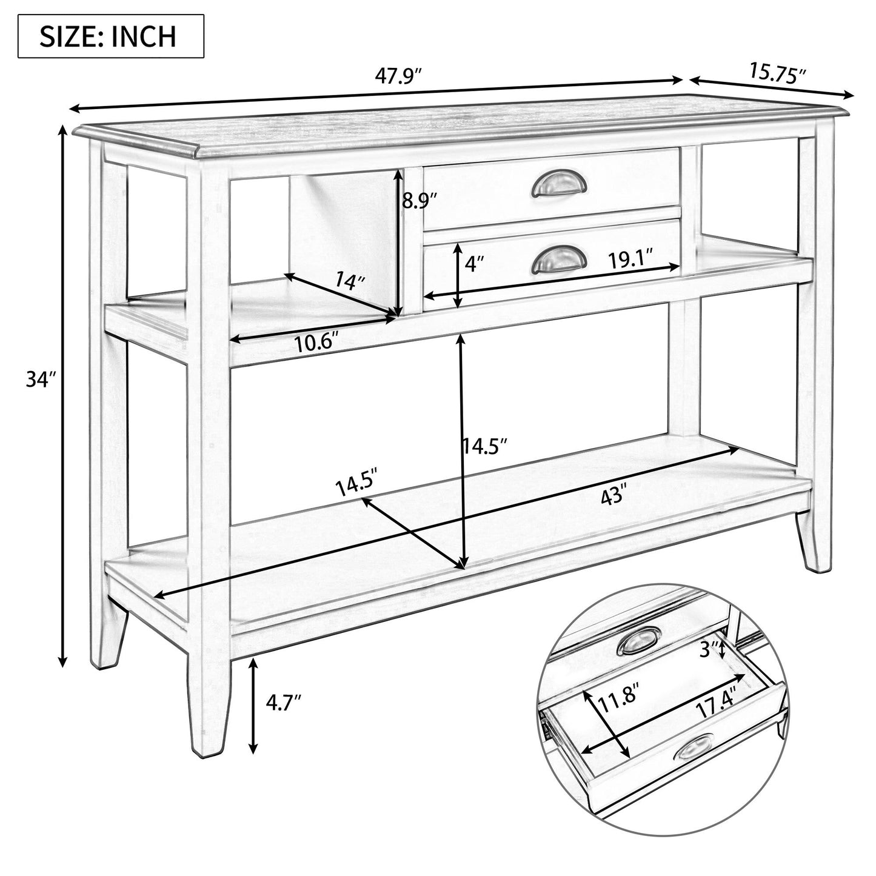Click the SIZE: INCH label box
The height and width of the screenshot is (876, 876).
(110, 36)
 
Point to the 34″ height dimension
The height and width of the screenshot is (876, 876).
(41, 379)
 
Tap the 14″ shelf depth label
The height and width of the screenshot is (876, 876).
(350, 281)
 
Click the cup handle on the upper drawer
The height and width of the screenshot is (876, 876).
(560, 184)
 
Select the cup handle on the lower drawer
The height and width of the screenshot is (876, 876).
(560, 261)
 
